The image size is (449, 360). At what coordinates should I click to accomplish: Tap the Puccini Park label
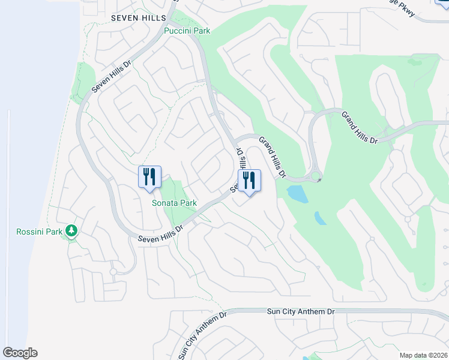187,31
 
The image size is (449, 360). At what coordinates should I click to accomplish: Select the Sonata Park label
174,203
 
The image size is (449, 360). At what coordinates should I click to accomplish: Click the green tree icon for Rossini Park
71,231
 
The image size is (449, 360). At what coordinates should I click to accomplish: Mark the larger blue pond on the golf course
295,193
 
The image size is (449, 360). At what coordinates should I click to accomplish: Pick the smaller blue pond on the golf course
320,218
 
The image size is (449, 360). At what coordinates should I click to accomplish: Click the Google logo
20,353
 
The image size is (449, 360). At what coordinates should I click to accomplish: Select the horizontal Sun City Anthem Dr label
300,312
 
